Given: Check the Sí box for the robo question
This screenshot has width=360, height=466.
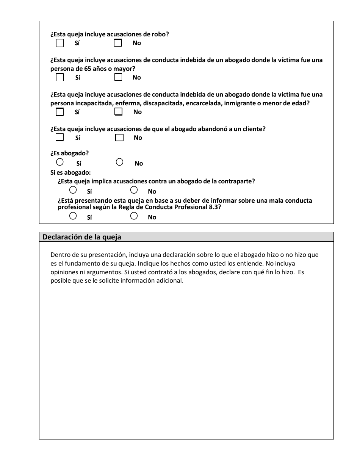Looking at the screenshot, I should pyautogui.click(x=60, y=43).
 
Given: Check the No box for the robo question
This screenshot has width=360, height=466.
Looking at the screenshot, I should pyautogui.click(x=118, y=43).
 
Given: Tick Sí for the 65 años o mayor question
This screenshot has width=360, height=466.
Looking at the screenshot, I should pyautogui.click(x=60, y=77).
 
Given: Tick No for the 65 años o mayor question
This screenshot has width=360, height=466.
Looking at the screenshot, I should pyautogui.click(x=118, y=77).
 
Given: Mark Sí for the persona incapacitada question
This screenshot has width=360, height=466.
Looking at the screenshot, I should pyautogui.click(x=60, y=112).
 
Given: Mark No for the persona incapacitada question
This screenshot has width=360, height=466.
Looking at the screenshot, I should pyautogui.click(x=118, y=112).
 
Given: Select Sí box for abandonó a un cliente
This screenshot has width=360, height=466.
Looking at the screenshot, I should pyautogui.click(x=60, y=138).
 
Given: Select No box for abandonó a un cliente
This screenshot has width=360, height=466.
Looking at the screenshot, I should pyautogui.click(x=119, y=138).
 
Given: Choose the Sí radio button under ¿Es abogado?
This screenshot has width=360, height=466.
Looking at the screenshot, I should pyautogui.click(x=60, y=162).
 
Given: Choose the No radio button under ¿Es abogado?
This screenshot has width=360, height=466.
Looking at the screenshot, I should pyautogui.click(x=119, y=162).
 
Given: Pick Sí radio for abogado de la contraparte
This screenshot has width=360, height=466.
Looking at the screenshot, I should pyautogui.click(x=73, y=190).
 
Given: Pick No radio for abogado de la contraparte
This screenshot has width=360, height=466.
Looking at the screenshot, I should pyautogui.click(x=134, y=190).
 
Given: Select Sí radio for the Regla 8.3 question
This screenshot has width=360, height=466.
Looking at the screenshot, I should pyautogui.click(x=73, y=216).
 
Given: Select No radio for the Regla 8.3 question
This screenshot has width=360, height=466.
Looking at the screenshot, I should pyautogui.click(x=134, y=216).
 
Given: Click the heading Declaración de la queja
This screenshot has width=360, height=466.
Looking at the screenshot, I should pyautogui.click(x=82, y=237).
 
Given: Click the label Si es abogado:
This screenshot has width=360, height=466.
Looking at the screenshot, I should pyautogui.click(x=70, y=173).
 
